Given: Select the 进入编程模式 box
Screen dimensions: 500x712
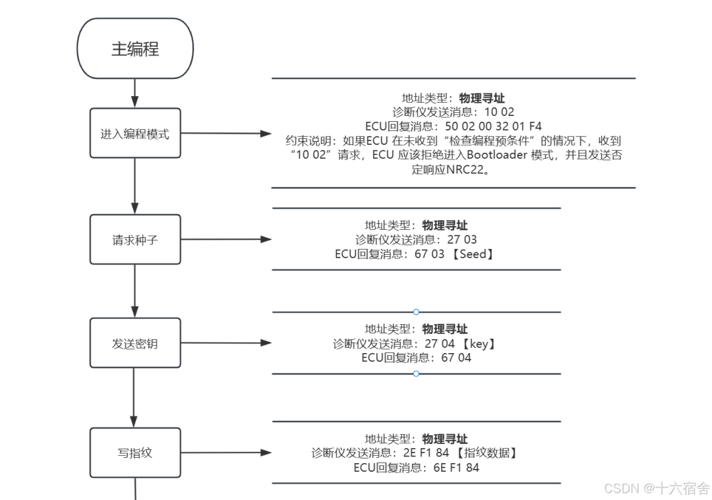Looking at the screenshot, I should coord(135,133).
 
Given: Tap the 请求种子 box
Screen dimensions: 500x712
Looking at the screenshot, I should coord(135,240).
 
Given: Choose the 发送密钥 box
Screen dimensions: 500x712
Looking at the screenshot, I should coord(135,343).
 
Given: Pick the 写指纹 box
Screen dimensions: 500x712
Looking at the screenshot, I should coord(135,453).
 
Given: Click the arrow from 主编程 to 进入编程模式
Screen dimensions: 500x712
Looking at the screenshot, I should coord(135,93).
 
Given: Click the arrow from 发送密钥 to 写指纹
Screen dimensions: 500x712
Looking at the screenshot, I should coord(134,397).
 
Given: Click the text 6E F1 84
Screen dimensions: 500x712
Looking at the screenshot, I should coord(456,468).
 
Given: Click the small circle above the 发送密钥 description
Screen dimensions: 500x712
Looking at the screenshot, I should coord(416,312).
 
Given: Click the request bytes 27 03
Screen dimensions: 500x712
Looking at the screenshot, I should coord(461,240).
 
